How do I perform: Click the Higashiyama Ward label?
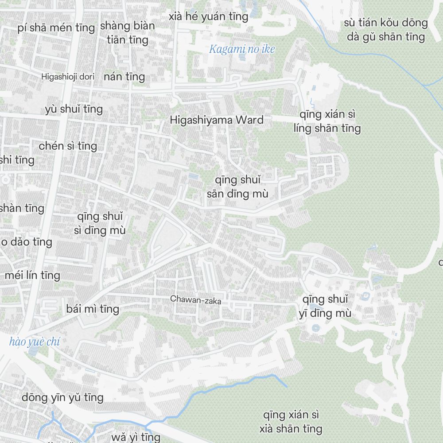217,120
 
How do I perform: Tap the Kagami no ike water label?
242,49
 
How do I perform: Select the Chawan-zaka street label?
195,300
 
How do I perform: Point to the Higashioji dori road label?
68,77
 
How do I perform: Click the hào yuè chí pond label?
35,342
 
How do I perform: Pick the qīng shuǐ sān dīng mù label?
237,187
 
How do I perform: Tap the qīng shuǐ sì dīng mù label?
100,223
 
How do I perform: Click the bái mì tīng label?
92,308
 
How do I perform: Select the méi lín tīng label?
32,275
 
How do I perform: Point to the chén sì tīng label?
68,145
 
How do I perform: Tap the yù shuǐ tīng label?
74,109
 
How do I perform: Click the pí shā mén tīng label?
56,28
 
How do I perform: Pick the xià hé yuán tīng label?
209,17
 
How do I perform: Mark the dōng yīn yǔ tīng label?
62,397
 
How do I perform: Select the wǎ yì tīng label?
136,437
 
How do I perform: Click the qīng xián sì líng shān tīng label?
327,121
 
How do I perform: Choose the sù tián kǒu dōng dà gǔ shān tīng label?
386,29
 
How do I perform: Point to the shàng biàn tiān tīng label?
128,33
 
